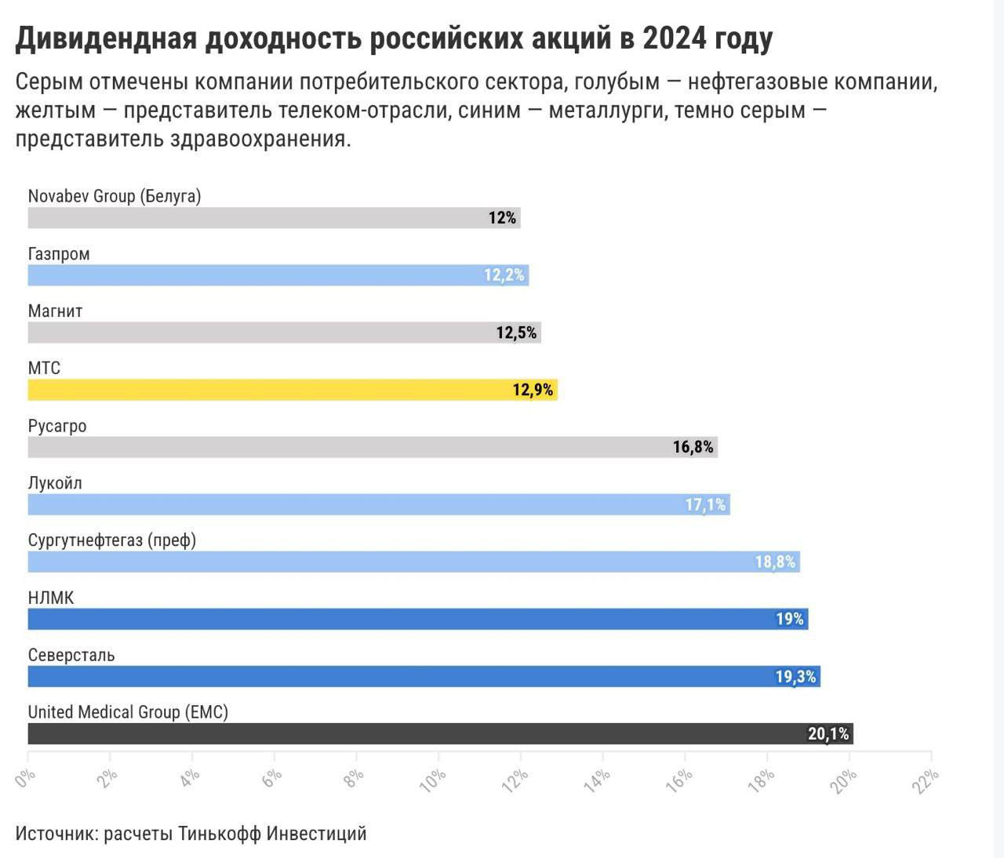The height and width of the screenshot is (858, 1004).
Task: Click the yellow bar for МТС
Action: (x=292, y=390)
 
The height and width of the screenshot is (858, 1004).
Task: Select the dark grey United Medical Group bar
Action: (x=439, y=734)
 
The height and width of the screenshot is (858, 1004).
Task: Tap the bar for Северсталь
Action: (x=424, y=677)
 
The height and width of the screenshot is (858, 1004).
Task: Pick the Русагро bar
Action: (x=373, y=447)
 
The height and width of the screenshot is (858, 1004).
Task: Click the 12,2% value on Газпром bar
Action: (x=504, y=275)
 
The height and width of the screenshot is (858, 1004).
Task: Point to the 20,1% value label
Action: (x=828, y=734)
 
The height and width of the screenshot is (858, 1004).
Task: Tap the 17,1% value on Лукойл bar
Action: (x=706, y=504)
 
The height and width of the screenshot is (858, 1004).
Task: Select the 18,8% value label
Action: (x=775, y=562)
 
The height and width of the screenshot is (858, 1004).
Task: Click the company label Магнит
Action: (x=55, y=311)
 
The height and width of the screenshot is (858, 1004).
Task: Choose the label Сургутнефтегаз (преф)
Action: (x=112, y=540)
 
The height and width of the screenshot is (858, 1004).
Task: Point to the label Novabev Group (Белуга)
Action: (x=115, y=196)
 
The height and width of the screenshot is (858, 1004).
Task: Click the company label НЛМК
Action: (x=51, y=598)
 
